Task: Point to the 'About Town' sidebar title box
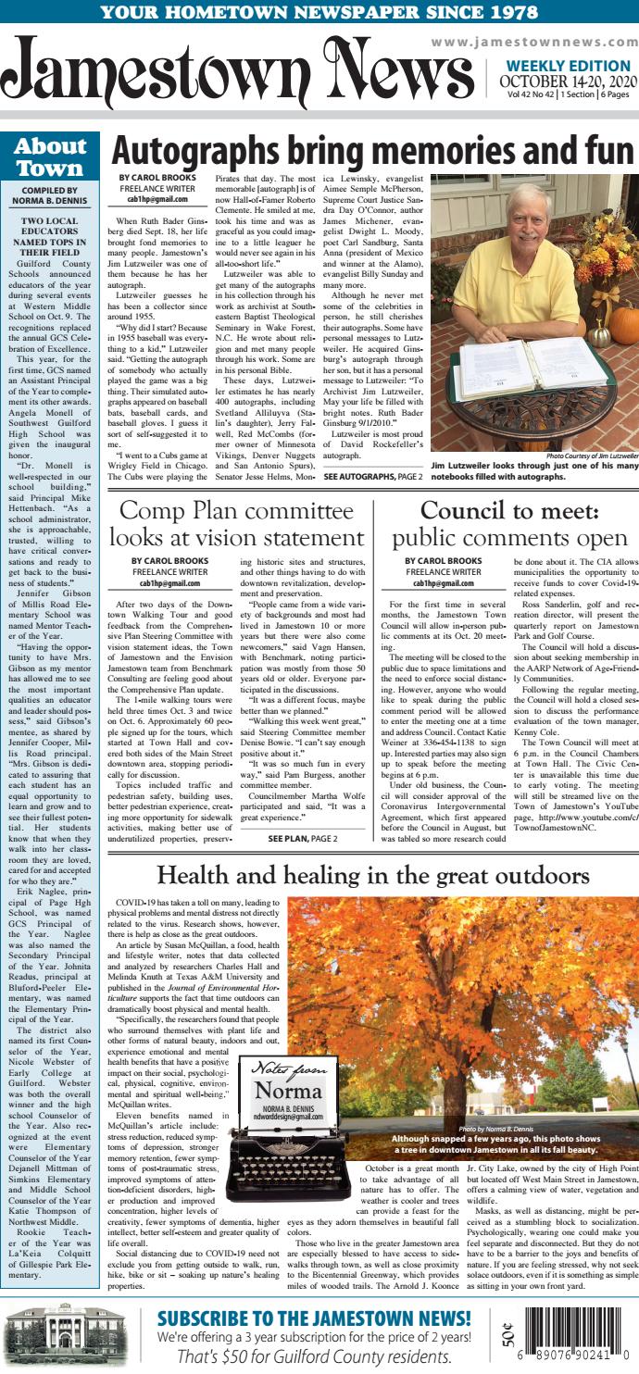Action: (x=50, y=157)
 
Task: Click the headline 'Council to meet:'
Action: (x=511, y=511)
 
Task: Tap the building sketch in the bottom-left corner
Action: (x=56, y=1339)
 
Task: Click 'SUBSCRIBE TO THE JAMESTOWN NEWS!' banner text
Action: (x=314, y=1318)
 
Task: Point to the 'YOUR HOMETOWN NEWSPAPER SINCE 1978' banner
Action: (x=319, y=12)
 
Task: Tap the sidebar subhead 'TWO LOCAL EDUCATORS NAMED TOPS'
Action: (x=50, y=236)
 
